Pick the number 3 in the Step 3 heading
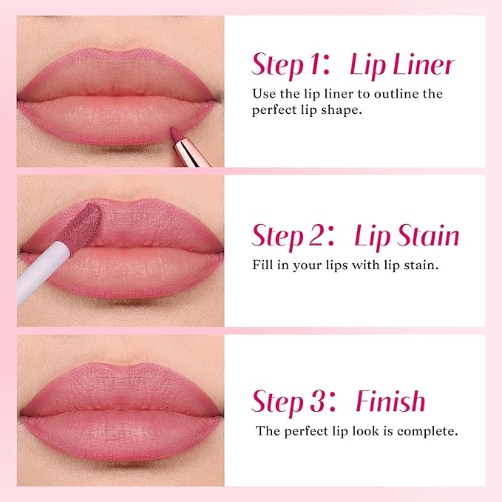(313, 401)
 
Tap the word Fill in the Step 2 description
(264, 264)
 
